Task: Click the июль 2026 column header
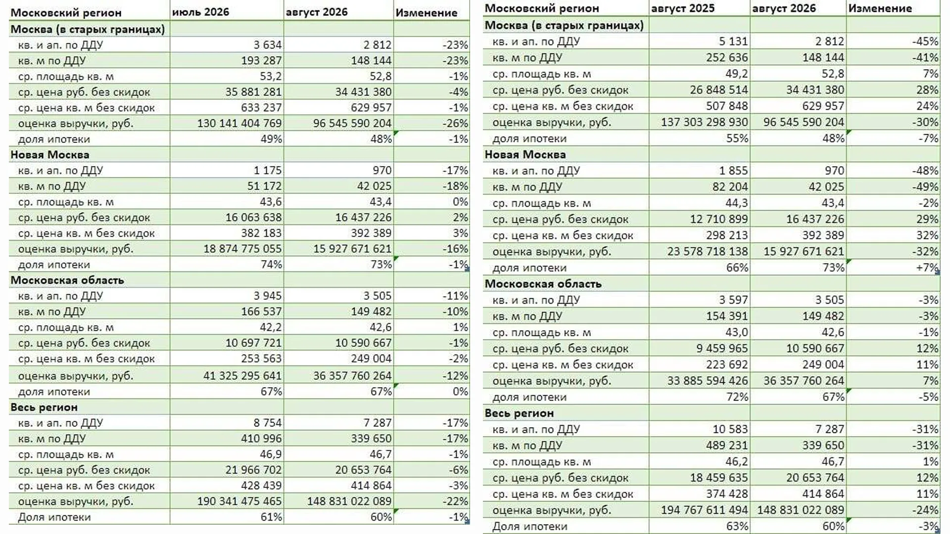200,12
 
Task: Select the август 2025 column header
683,8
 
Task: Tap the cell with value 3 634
268,45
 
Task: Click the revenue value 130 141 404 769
239,123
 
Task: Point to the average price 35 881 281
253,92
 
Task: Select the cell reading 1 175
268,171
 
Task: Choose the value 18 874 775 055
242,249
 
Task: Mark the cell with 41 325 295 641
242,376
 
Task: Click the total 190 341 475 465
239,501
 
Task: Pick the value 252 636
727,57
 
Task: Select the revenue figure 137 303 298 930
705,122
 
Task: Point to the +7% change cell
928,268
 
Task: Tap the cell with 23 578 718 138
708,252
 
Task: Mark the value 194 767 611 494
705,510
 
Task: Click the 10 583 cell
730,429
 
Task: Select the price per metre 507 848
727,106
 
